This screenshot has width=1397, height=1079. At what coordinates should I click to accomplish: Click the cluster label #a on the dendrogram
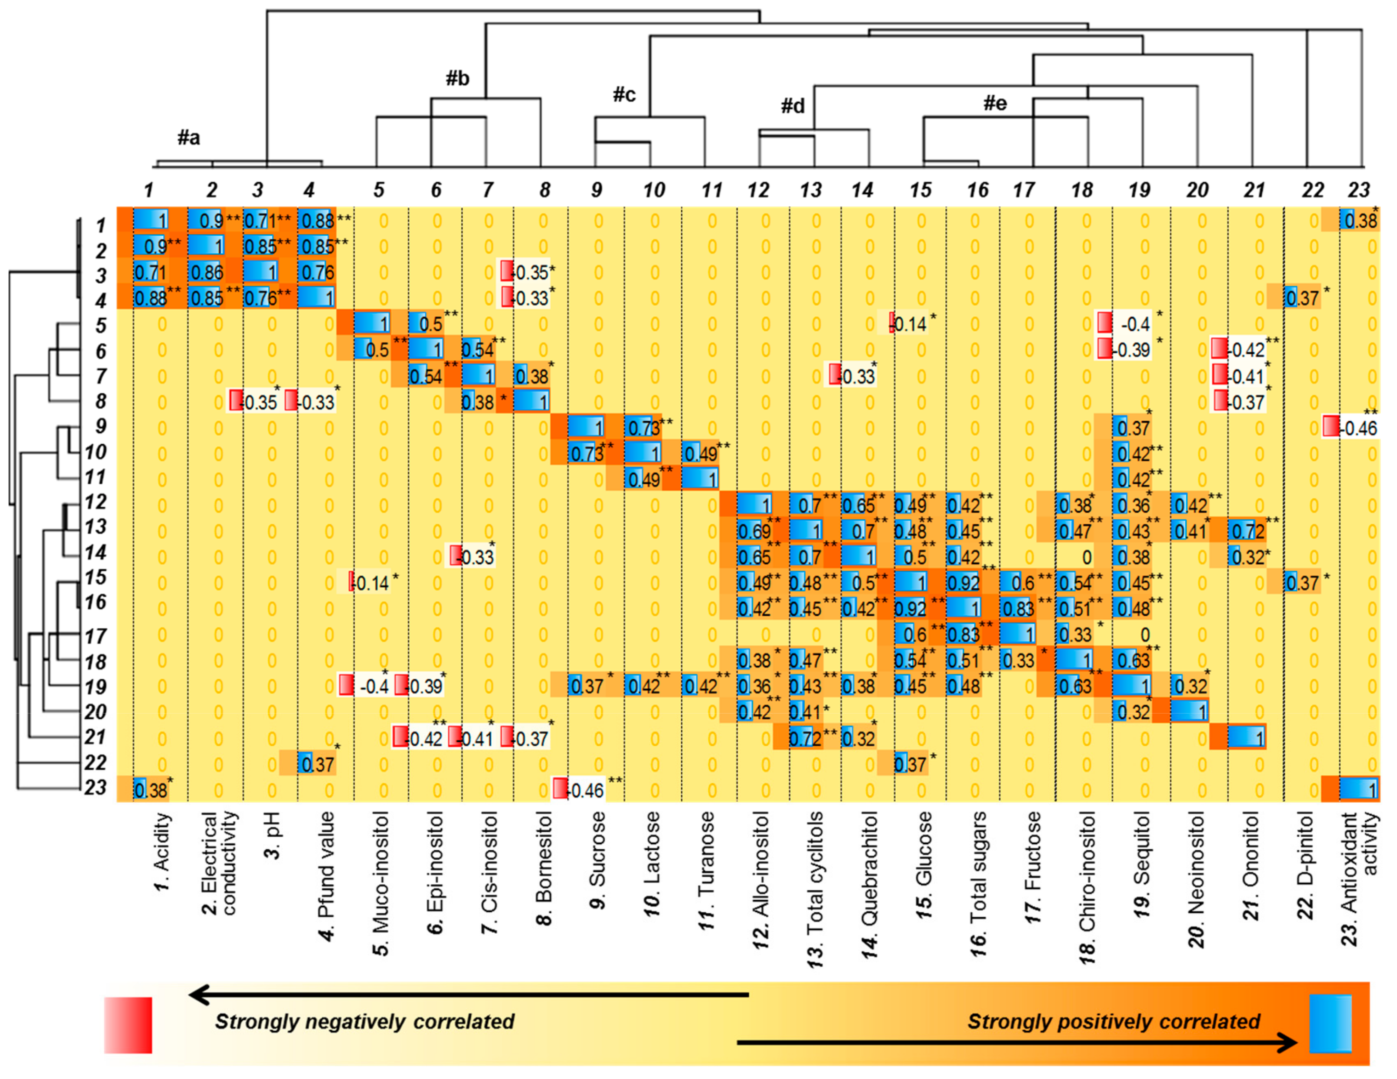click(x=189, y=137)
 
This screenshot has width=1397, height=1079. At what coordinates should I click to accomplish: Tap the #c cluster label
click(x=623, y=95)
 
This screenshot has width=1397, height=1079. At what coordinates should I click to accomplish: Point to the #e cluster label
click(x=995, y=103)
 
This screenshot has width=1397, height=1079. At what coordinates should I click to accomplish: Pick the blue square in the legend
click(x=1330, y=1023)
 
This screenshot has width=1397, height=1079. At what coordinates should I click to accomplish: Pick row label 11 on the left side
click(x=96, y=477)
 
